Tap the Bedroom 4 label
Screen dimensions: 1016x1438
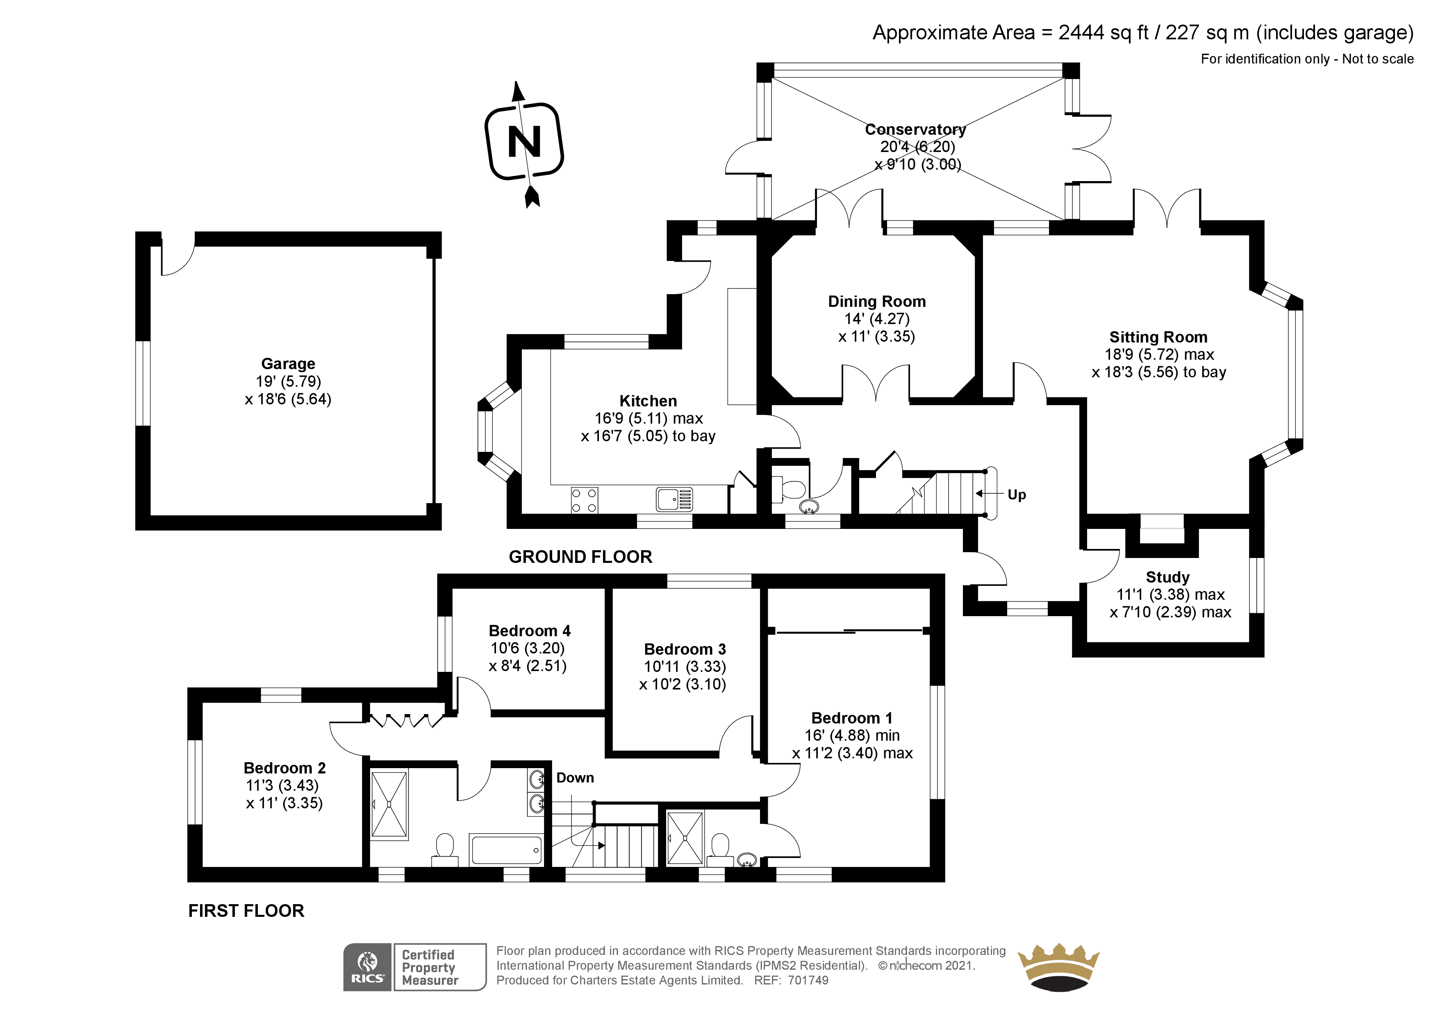(x=529, y=630)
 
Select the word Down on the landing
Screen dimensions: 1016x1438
(x=575, y=778)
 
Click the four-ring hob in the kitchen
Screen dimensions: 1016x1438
(x=584, y=501)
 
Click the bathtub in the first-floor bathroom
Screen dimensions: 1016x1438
(x=506, y=850)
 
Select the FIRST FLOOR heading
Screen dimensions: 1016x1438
(x=246, y=910)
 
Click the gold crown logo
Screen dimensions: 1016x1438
(x=1058, y=967)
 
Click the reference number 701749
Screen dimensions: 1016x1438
(x=808, y=980)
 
